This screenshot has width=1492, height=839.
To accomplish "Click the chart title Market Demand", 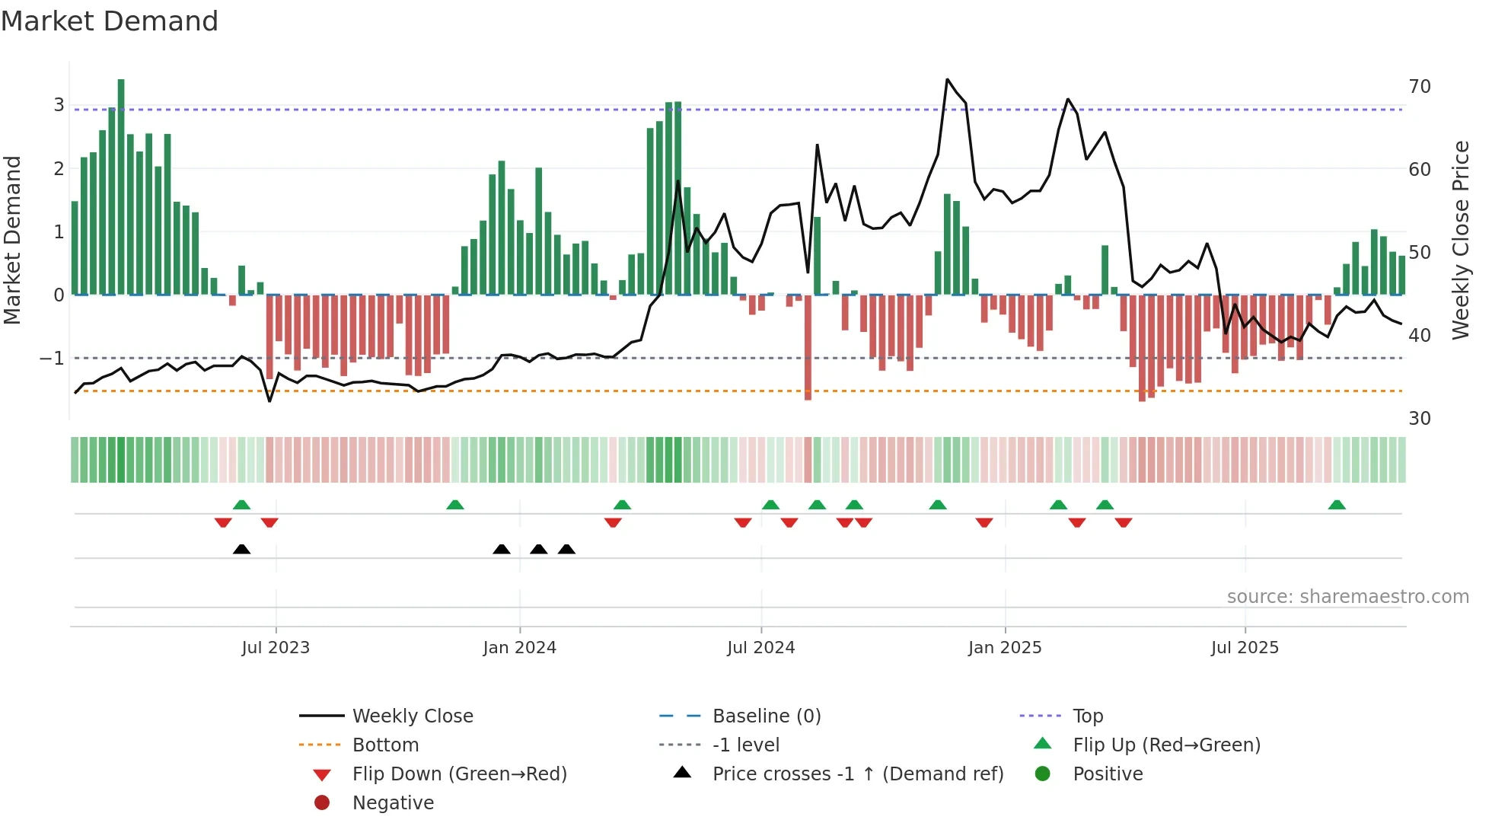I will (110, 21).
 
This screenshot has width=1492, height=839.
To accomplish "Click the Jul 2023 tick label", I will (276, 648).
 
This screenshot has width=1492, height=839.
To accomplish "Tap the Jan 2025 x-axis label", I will (1005, 648).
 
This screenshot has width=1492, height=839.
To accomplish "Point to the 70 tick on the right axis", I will (1420, 87).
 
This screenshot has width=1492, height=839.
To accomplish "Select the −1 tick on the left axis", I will (53, 358).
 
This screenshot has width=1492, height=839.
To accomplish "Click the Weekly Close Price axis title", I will (1461, 240).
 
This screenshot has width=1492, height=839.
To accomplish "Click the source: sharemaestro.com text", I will (1347, 597).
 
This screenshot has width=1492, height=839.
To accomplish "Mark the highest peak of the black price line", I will (947, 79).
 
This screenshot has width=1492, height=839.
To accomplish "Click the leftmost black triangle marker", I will (241, 549).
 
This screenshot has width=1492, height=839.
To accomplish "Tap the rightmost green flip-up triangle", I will (1337, 505).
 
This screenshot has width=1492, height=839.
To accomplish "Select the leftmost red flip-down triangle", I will (223, 523).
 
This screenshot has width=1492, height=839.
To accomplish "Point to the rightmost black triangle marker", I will (566, 549).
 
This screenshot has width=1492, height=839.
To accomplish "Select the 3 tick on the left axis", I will (59, 105).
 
